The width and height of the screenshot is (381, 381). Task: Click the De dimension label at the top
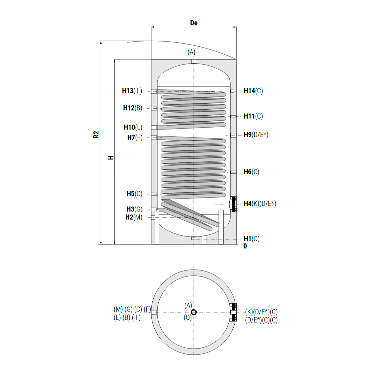point(194,23)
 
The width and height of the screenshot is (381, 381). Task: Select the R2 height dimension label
point(96,135)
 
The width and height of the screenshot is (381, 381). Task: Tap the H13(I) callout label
point(132,91)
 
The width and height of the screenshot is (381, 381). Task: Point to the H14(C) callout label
point(253,91)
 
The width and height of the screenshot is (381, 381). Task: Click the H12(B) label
point(132,108)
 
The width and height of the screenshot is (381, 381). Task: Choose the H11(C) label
point(253,116)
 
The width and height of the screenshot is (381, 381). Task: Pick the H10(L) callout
point(133,127)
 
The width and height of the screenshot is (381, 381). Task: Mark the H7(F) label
point(135,137)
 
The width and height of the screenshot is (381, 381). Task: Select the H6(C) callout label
point(251,172)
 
